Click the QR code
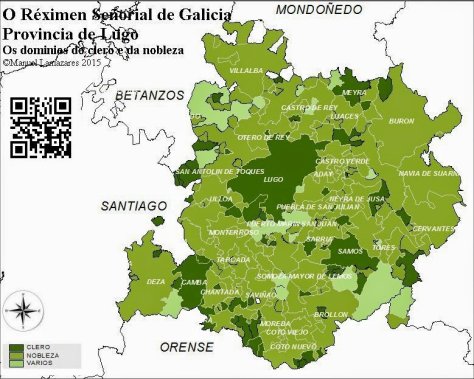41,126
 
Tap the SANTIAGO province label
133,205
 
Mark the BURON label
401,121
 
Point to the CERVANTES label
433,228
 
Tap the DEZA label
156,282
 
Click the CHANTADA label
220,292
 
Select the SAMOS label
350,251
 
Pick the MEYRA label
354,92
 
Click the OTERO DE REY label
263,137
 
